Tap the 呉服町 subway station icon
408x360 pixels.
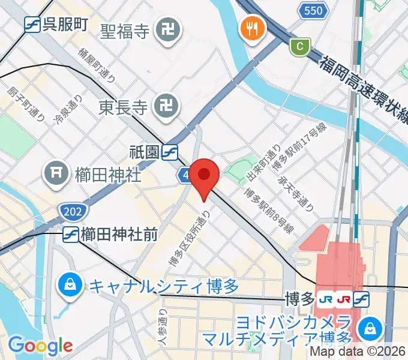pos(32,25)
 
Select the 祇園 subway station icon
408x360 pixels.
pos(170,152)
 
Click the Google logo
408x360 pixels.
pos(40,346)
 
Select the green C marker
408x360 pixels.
pos(298,46)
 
